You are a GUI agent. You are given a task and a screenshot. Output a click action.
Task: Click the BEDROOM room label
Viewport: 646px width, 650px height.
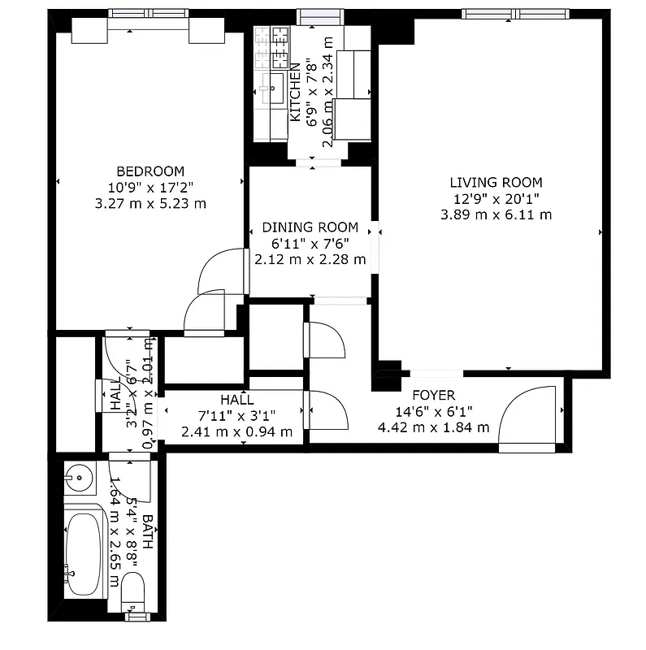[x=150, y=171]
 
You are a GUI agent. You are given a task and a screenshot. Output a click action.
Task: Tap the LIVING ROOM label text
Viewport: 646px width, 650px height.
[x=496, y=183]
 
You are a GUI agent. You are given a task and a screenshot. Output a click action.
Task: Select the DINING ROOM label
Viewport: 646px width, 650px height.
[x=310, y=227]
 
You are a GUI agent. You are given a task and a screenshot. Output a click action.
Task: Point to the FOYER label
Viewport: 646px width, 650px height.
[x=433, y=396]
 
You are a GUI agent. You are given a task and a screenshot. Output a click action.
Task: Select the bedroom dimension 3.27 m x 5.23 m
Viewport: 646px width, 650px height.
[x=150, y=203]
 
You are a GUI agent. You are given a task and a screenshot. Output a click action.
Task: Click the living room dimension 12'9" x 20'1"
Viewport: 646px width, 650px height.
[x=496, y=199]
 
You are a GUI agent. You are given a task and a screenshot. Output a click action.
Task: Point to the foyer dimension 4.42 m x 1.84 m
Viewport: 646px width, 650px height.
[x=433, y=427]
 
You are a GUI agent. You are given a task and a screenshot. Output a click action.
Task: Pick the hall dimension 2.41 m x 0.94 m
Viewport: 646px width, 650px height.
[x=236, y=431]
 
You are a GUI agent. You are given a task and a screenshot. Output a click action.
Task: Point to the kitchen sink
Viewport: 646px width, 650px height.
[x=273, y=85]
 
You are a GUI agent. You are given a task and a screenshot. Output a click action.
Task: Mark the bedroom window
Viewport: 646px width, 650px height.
[x=147, y=13]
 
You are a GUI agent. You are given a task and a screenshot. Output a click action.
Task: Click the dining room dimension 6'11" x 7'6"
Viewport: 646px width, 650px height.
[x=310, y=244]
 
